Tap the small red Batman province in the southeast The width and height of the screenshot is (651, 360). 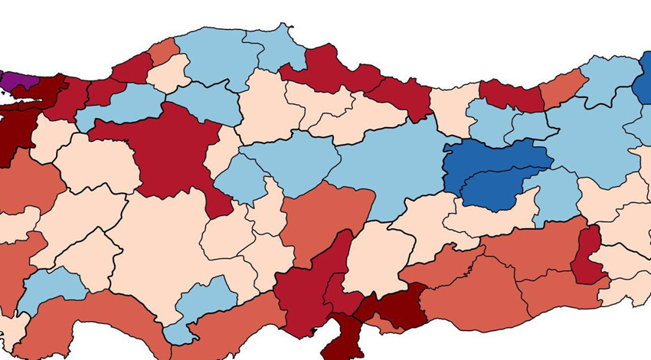(588, 257)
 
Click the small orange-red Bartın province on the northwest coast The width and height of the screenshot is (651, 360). (163, 52)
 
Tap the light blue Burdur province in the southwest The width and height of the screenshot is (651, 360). (54, 287)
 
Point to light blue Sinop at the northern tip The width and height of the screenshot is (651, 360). (276, 50)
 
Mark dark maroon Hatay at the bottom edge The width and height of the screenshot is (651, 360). (337, 337)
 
